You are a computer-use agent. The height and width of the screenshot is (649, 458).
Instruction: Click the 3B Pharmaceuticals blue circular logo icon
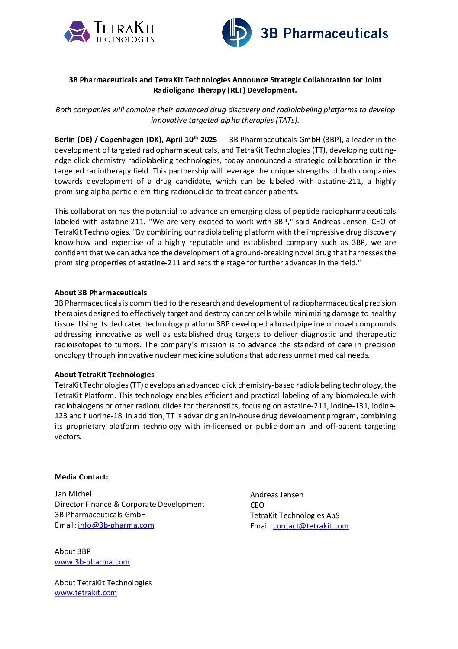[236, 33]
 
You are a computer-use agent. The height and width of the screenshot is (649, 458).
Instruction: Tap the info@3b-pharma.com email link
[116, 525]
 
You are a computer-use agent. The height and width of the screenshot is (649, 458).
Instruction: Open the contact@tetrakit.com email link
[310, 526]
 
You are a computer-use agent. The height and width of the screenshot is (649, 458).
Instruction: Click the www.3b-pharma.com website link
[92, 562]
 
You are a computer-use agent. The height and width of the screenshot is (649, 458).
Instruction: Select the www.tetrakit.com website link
[86, 593]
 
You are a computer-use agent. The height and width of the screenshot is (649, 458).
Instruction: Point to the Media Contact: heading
[81, 477]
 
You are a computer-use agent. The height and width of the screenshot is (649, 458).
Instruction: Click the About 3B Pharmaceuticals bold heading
[101, 293]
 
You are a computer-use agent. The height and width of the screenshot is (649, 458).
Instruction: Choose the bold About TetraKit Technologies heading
[104, 375]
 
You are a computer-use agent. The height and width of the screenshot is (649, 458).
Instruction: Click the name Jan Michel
[73, 494]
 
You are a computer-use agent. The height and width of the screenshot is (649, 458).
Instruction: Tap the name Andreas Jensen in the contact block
[277, 495]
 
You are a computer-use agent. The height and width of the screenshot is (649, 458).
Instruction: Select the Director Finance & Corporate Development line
[129, 504]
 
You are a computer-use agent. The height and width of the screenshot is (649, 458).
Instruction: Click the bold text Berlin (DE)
[73, 140]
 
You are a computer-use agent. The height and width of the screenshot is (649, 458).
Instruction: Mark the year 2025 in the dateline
[209, 140]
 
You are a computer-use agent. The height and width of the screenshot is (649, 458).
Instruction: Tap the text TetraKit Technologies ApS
[295, 515]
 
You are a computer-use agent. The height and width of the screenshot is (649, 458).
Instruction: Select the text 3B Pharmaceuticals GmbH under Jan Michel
[100, 515]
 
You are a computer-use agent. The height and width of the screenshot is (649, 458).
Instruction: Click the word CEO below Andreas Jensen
[257, 505]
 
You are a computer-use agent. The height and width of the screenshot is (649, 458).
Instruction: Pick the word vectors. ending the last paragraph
[68, 437]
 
